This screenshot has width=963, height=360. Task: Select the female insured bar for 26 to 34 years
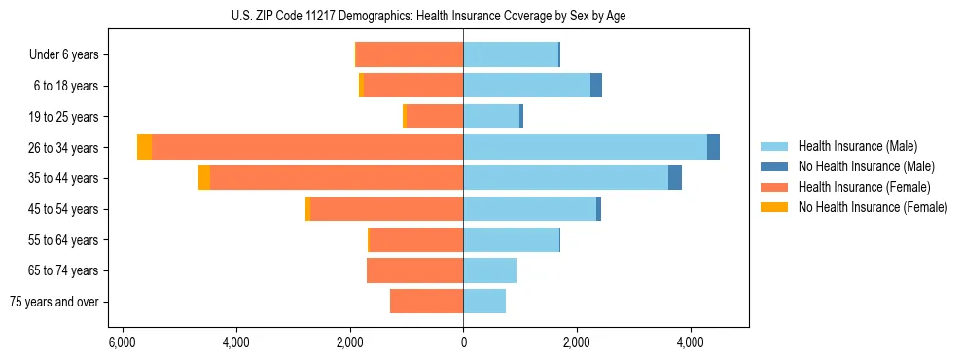click(x=307, y=147)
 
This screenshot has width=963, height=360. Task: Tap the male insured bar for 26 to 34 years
click(x=585, y=147)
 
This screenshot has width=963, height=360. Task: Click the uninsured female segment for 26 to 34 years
click(x=145, y=147)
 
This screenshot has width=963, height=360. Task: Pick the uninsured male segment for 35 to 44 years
click(x=675, y=178)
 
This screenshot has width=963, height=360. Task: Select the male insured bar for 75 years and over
click(x=484, y=302)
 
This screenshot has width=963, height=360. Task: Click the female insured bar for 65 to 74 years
click(x=415, y=270)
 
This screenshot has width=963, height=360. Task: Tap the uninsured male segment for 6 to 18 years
click(x=596, y=86)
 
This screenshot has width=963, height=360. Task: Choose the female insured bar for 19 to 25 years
click(x=435, y=117)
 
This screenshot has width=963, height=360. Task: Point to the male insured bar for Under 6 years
click(x=511, y=54)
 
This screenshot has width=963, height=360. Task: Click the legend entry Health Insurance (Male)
click(x=857, y=146)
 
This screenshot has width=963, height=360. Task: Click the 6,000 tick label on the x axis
click(x=122, y=343)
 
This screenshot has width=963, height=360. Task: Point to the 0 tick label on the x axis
click(x=463, y=343)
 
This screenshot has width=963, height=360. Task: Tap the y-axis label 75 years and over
click(x=54, y=302)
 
